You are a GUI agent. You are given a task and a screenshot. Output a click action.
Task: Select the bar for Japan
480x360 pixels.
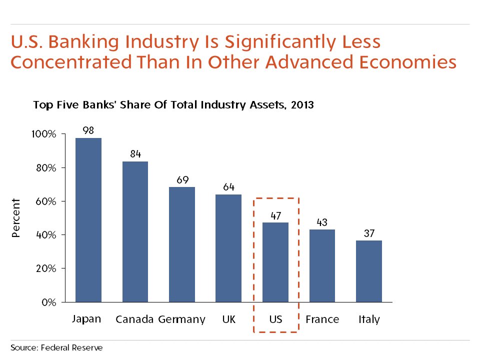pyautogui.click(x=88, y=220)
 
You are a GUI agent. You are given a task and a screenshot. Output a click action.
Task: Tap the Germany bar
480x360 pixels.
pyautogui.click(x=182, y=244)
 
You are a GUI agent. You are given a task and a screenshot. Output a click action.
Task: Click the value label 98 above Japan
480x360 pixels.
pyautogui.click(x=88, y=130)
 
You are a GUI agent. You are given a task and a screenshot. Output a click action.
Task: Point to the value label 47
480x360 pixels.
pyautogui.click(x=275, y=215)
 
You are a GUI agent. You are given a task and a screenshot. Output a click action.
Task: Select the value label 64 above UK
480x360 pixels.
pyautogui.click(x=228, y=187)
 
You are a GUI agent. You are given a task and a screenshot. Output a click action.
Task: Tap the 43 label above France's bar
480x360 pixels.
pyautogui.click(x=322, y=222)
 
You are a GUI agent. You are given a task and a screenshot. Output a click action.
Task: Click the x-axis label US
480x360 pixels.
pyautogui.click(x=275, y=319)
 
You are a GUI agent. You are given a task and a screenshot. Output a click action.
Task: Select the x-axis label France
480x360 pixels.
pyautogui.click(x=322, y=319)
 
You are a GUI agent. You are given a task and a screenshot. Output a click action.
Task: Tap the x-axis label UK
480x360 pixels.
pyautogui.click(x=228, y=319)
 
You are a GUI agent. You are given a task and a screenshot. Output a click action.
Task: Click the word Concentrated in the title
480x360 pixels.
pyautogui.click(x=68, y=63)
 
